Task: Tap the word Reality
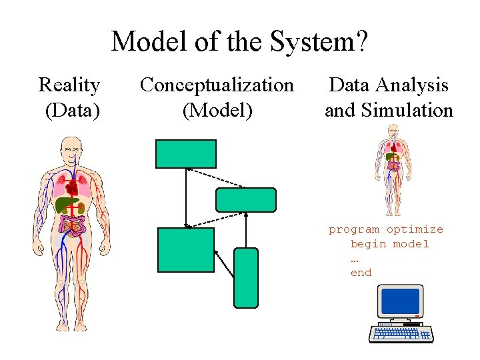69,85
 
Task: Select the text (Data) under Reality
72,110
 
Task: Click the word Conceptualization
217,85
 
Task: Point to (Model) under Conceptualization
217,110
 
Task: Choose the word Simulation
408,110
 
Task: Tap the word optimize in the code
415,229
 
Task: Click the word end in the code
361,272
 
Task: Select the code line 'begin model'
390,243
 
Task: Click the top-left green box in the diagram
186,153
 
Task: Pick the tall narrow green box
245,277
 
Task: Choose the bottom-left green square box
177,249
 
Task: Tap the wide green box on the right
245,200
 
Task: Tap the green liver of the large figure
66,203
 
